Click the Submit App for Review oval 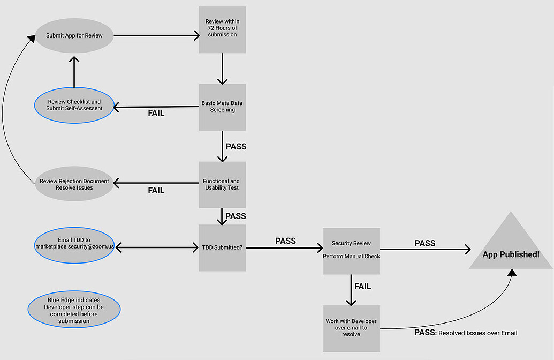click(74, 36)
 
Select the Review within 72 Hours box click(222, 29)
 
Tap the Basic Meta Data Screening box click(222, 107)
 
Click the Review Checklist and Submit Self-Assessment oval click(74, 105)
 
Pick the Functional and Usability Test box click(222, 185)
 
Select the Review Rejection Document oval click(74, 184)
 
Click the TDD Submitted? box click(222, 248)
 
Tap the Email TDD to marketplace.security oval click(74, 243)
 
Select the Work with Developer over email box click(351, 328)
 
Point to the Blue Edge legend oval click(74, 310)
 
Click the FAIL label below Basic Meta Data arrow click(156, 114)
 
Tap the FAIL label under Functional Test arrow click(156, 191)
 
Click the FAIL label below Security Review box click(362, 287)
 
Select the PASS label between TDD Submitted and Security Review click(285, 241)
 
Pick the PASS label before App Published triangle click(425, 243)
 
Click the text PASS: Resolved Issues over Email click(466, 333)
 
